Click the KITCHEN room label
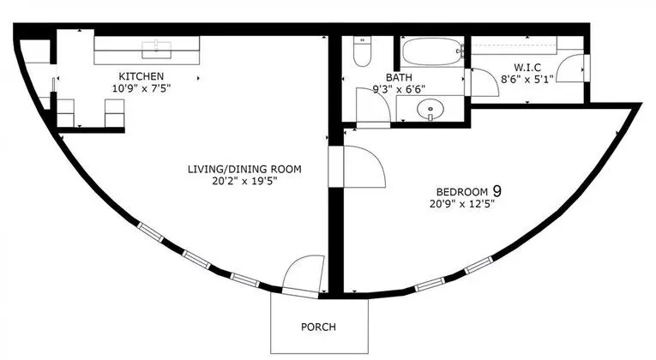141,76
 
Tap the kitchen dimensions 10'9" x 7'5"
141,88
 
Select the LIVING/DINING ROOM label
244,170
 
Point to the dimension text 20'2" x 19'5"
244,181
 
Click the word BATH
399,77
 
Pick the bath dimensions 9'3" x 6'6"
399,89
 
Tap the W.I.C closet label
527,68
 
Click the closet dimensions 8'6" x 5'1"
527,79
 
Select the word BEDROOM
462,192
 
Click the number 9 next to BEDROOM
497,191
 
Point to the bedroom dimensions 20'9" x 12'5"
462,204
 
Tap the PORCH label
318,327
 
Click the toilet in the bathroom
363,51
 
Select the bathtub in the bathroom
433,51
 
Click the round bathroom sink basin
430,110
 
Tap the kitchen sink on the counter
156,50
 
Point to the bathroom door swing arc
374,105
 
